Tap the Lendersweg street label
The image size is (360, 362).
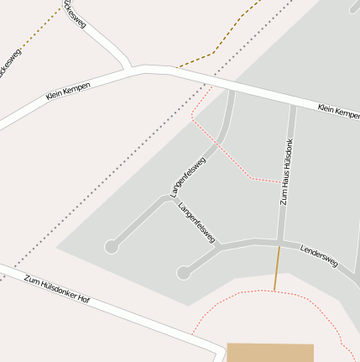(x=319, y=256)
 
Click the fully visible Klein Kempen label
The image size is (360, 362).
(x=68, y=91)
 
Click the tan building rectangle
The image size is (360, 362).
(x=270, y=353)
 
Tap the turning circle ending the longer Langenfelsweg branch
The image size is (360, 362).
(x=111, y=246)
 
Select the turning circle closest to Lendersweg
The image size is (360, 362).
(x=184, y=272)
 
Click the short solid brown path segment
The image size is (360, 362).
(x=277, y=269)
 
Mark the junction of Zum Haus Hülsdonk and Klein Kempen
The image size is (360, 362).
(x=292, y=106)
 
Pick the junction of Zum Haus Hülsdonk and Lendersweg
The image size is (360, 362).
(x=279, y=243)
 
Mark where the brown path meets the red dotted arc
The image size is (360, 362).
(x=274, y=291)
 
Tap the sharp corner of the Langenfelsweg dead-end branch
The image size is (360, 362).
(x=165, y=198)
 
